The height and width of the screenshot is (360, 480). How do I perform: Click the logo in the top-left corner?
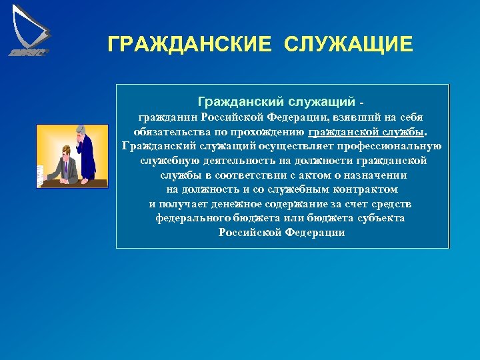pyautogui.click(x=30, y=31)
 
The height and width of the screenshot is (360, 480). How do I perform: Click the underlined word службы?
pyautogui.click(x=403, y=131)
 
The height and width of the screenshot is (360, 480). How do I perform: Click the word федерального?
pyautogui.click(x=193, y=218)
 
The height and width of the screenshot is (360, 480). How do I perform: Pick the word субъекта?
pyautogui.click(x=381, y=218)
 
